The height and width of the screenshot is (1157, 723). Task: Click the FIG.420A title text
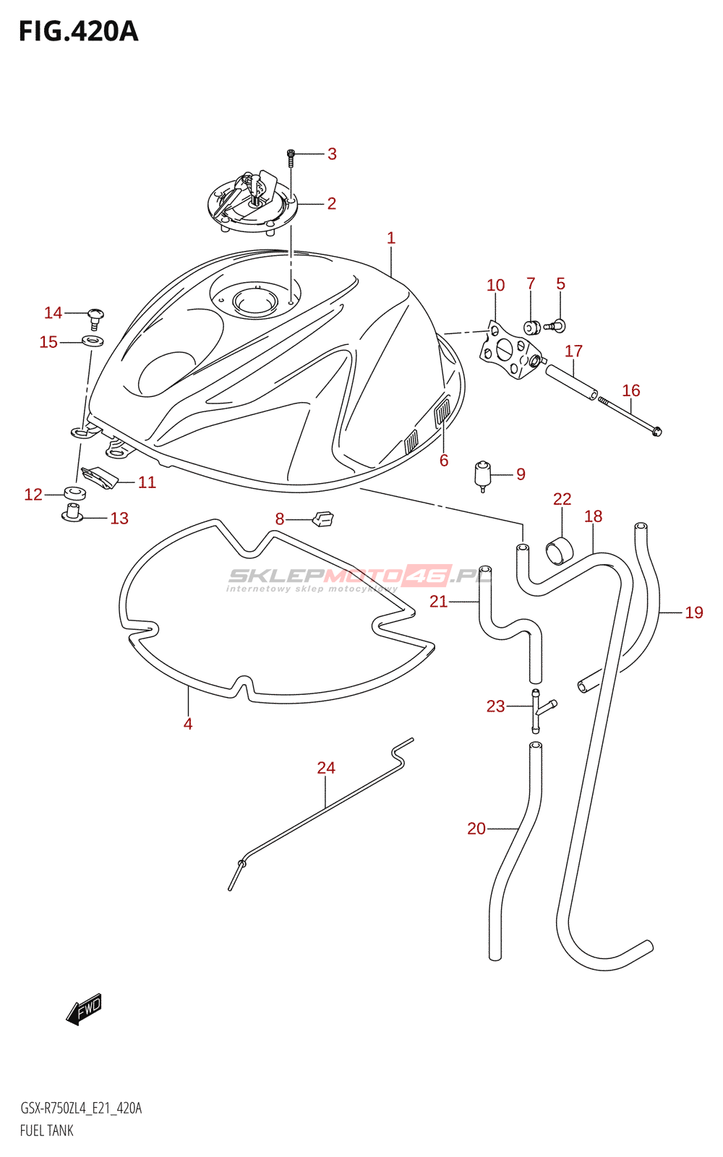(78, 32)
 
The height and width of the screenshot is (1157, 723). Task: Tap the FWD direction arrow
(85, 1008)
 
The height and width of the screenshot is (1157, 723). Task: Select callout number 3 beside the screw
(332, 153)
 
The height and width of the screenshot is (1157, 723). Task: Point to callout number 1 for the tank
(391, 238)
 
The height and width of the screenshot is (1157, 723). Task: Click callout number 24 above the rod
(326, 768)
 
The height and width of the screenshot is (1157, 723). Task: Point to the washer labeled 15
(93, 341)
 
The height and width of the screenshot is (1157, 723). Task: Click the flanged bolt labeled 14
(95, 317)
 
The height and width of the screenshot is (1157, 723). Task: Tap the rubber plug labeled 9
(482, 474)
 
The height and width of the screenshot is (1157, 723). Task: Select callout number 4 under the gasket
(188, 724)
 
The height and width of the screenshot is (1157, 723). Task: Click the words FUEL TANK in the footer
(47, 1130)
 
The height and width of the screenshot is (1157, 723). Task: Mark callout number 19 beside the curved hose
(693, 613)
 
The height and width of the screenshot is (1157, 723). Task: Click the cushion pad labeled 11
(100, 477)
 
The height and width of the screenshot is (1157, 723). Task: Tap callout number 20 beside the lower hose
(476, 829)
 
